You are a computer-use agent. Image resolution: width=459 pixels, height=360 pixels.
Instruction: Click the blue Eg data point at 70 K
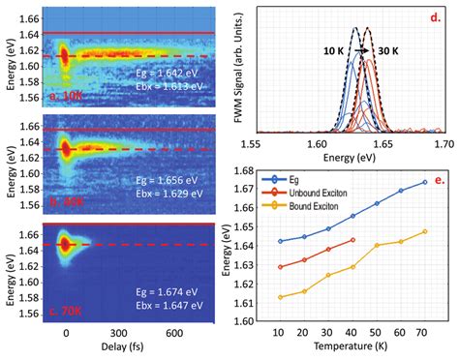[424, 183]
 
